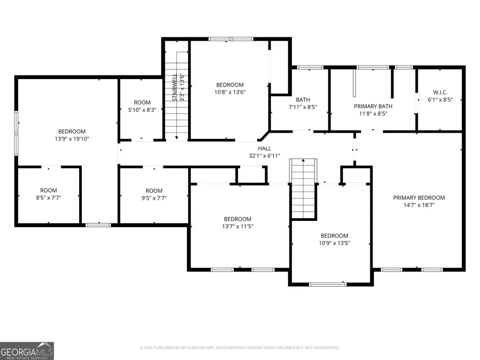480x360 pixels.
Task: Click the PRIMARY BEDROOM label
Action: click(x=419, y=198)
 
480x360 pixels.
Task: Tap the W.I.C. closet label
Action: click(x=440, y=92)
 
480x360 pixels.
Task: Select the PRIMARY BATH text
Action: click(x=373, y=106)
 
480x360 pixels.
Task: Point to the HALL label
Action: click(x=265, y=148)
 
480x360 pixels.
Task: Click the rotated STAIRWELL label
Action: click(x=175, y=87)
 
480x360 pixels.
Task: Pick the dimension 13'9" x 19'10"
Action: click(x=72, y=139)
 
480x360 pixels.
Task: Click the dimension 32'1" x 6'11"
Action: click(x=265, y=156)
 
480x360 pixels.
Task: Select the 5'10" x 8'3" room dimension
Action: click(x=142, y=110)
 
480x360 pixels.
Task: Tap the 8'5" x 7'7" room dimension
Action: click(x=49, y=198)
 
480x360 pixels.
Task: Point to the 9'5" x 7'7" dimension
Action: click(x=154, y=198)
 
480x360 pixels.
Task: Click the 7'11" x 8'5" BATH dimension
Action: click(x=303, y=107)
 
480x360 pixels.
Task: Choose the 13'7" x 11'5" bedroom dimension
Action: click(x=237, y=227)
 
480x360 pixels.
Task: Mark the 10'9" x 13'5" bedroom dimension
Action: click(x=334, y=243)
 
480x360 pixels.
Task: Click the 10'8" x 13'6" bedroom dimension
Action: click(x=230, y=92)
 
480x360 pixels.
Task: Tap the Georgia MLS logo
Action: click(x=27, y=351)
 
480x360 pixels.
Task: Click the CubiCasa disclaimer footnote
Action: click(x=240, y=348)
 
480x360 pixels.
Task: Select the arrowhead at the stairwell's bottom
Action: click(x=177, y=138)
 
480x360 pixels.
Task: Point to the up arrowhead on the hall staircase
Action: click(x=303, y=160)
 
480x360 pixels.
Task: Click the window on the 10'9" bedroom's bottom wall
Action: click(x=328, y=284)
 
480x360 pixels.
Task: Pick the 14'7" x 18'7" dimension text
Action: click(x=419, y=205)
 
